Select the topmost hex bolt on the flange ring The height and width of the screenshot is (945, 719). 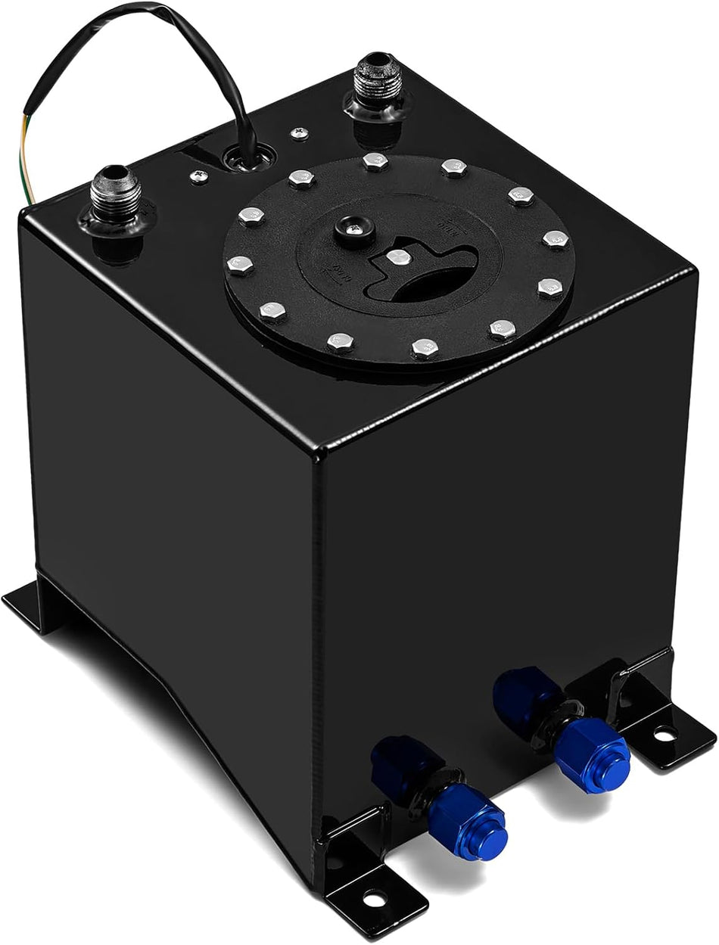372,160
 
